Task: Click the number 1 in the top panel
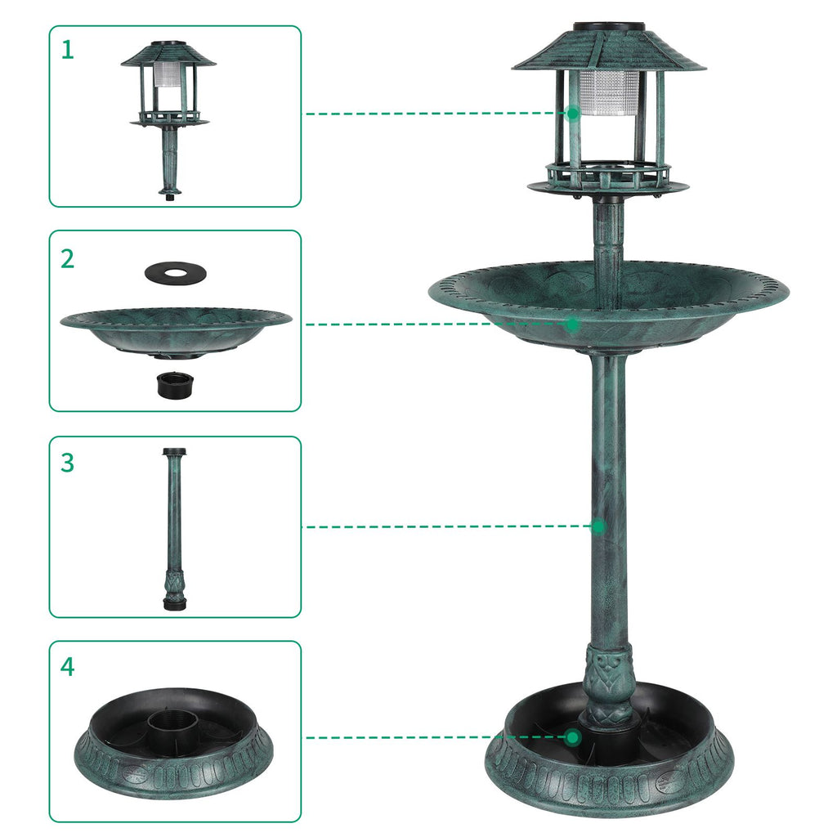[67, 50]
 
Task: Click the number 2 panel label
[67, 259]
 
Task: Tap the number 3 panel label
[67, 463]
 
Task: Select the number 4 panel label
[67, 667]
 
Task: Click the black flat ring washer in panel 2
[176, 273]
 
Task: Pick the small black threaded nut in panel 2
[175, 385]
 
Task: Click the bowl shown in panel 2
[176, 332]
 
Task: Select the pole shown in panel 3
[175, 529]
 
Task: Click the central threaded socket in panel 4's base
[173, 726]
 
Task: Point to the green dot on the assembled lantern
[573, 113]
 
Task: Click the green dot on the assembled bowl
[573, 324]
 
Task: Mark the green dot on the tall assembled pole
[598, 526]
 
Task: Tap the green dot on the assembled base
[573, 738]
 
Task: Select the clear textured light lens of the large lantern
[609, 93]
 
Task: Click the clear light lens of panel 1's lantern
[168, 74]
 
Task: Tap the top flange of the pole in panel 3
[176, 451]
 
